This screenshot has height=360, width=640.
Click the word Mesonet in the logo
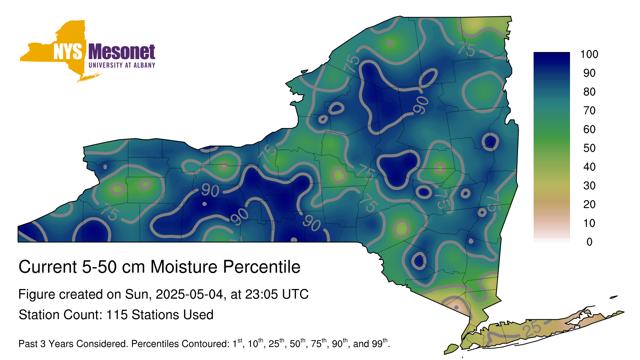122,52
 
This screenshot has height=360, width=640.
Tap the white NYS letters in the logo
68,52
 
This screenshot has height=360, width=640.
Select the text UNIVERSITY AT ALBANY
122,65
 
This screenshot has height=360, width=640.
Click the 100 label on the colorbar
589,54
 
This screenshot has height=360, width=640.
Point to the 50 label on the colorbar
589,148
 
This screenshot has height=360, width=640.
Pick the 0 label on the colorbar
589,242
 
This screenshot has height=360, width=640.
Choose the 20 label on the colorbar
589,204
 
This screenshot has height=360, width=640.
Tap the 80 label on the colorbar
589,92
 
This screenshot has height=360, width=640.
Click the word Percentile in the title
262,267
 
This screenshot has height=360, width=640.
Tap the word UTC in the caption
296,294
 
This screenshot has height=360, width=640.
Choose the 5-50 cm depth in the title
114,267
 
